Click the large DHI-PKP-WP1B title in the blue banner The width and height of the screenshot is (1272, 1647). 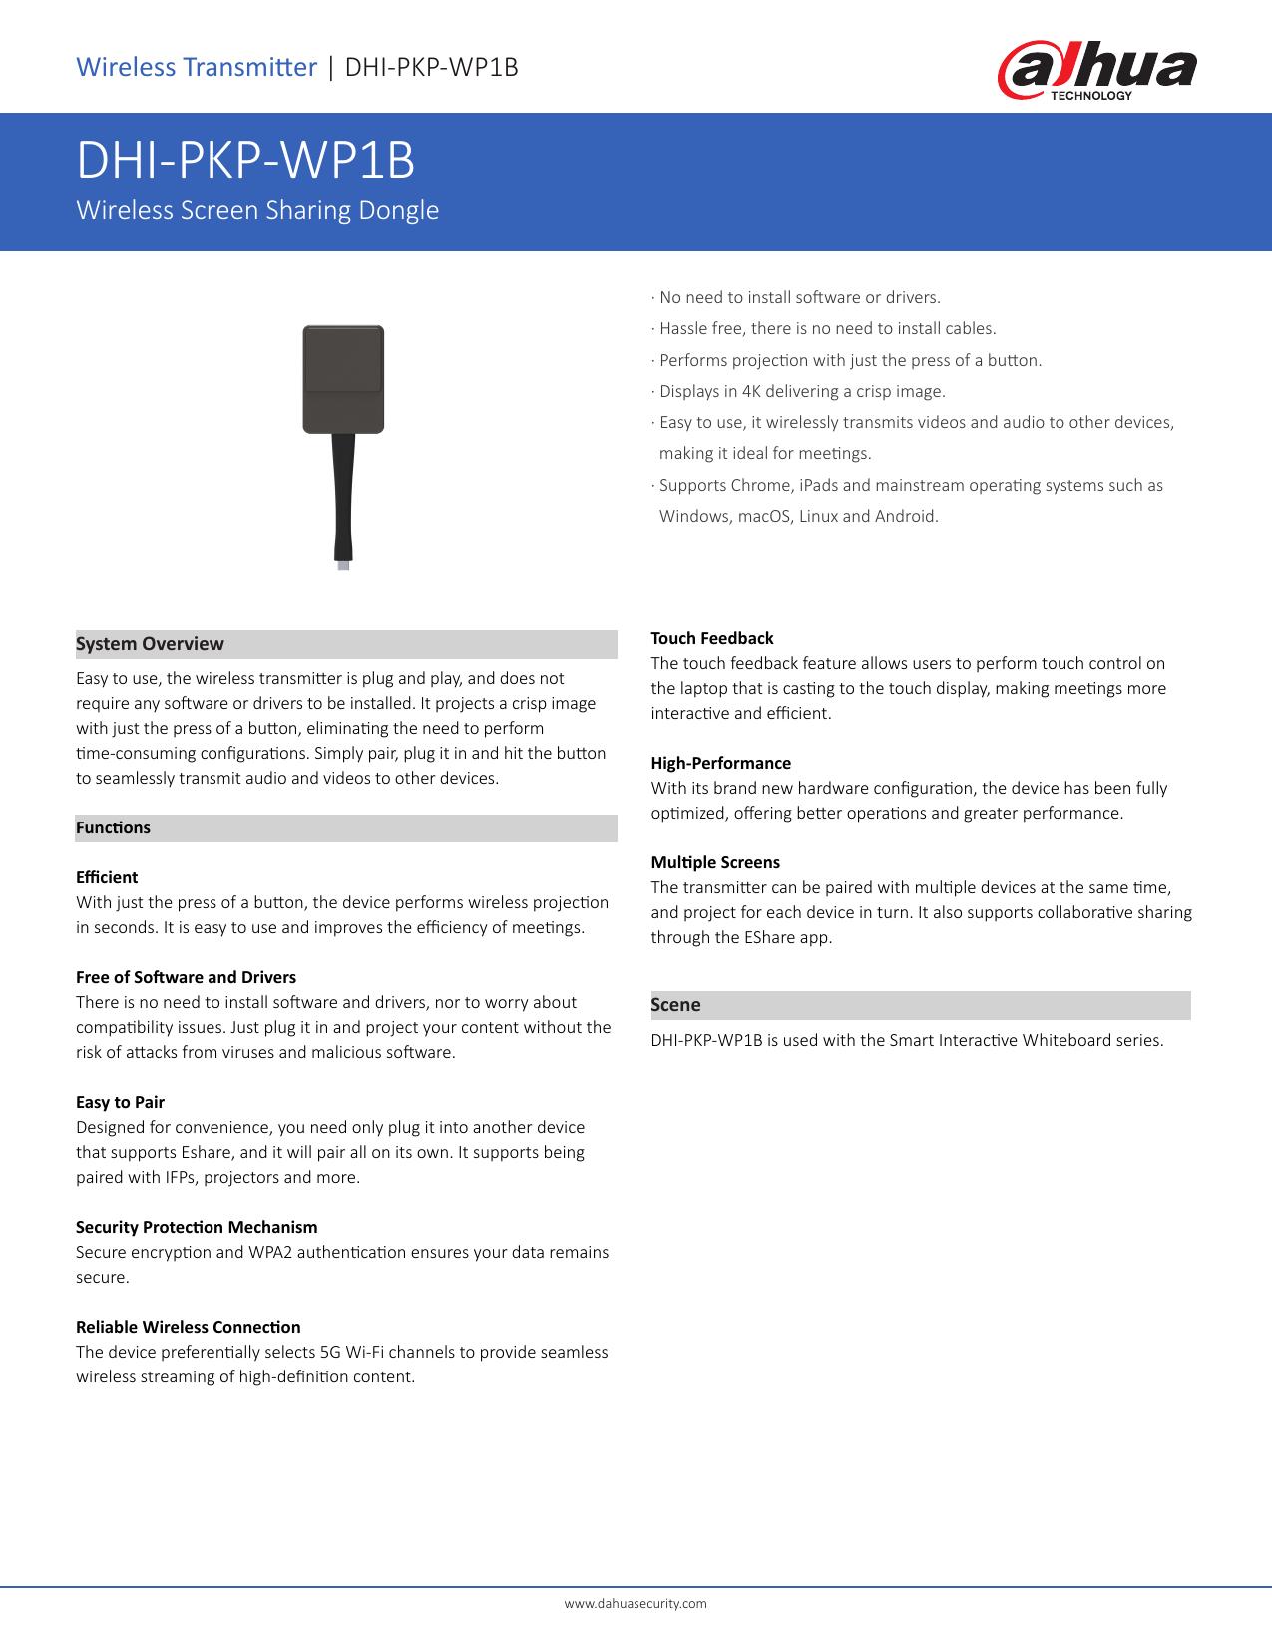tap(245, 161)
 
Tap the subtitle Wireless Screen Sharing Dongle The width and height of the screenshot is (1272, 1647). tap(257, 211)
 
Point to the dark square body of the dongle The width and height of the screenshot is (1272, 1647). tap(343, 379)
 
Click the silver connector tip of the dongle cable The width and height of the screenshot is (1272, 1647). tap(343, 565)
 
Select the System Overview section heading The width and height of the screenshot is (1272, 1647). tap(151, 644)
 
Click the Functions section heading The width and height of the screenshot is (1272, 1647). tap(114, 827)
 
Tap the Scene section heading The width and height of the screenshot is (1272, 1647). tap(676, 1005)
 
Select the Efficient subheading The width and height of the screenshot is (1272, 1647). tap(107, 877)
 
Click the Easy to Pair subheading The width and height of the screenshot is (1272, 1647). tap(121, 1102)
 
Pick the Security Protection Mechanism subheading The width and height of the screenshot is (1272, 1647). tap(197, 1227)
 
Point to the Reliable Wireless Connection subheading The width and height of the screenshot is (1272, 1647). tap(189, 1327)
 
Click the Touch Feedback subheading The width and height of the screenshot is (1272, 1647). tap(712, 638)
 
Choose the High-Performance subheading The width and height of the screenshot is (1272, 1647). tap(721, 763)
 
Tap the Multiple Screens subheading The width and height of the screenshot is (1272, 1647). tap(715, 862)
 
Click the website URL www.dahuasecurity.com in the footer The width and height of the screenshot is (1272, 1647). tap(636, 1603)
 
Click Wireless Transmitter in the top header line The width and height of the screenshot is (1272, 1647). tap(197, 67)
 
